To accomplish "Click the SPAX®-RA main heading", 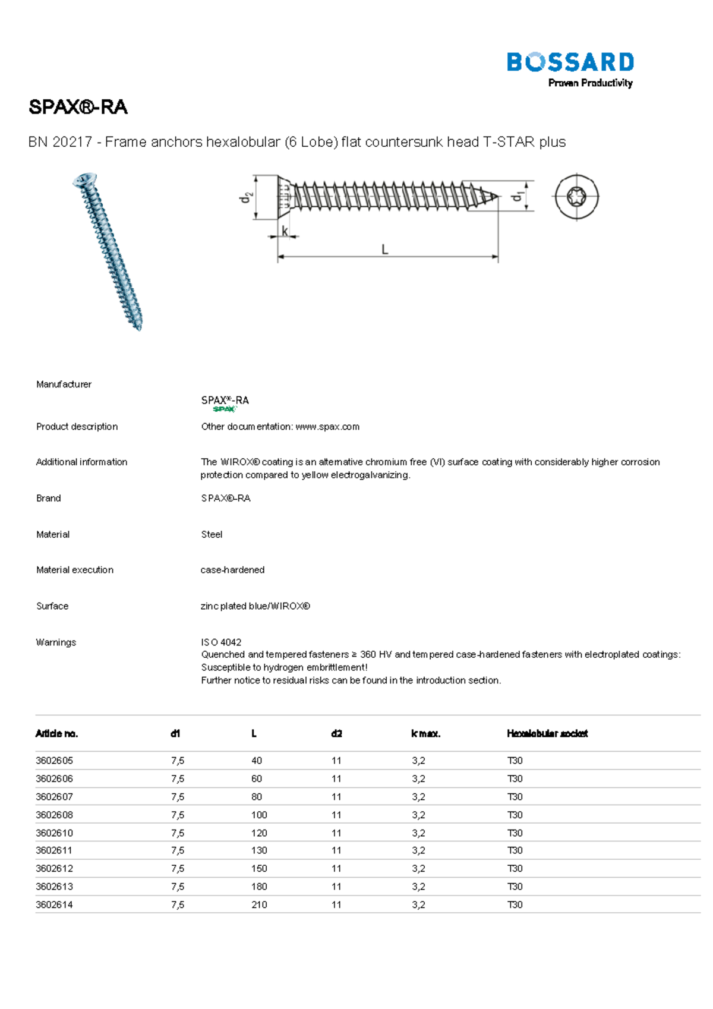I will tap(78, 107).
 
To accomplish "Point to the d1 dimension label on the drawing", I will tap(518, 196).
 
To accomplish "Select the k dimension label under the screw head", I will tap(285, 231).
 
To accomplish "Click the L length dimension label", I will tap(385, 250).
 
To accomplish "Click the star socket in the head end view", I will tap(577, 197).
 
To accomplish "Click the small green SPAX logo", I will tap(224, 409).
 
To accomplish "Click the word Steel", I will tap(212, 534).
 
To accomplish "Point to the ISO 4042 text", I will tap(221, 642).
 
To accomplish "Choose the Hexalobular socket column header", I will tap(547, 733).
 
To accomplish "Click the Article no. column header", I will tap(56, 733).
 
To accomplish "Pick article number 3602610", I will tap(54, 833).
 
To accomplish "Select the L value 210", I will tap(259, 904).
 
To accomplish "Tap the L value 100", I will tap(259, 815).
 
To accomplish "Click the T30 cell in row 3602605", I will tap(515, 761).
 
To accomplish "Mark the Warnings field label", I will tap(56, 642).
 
